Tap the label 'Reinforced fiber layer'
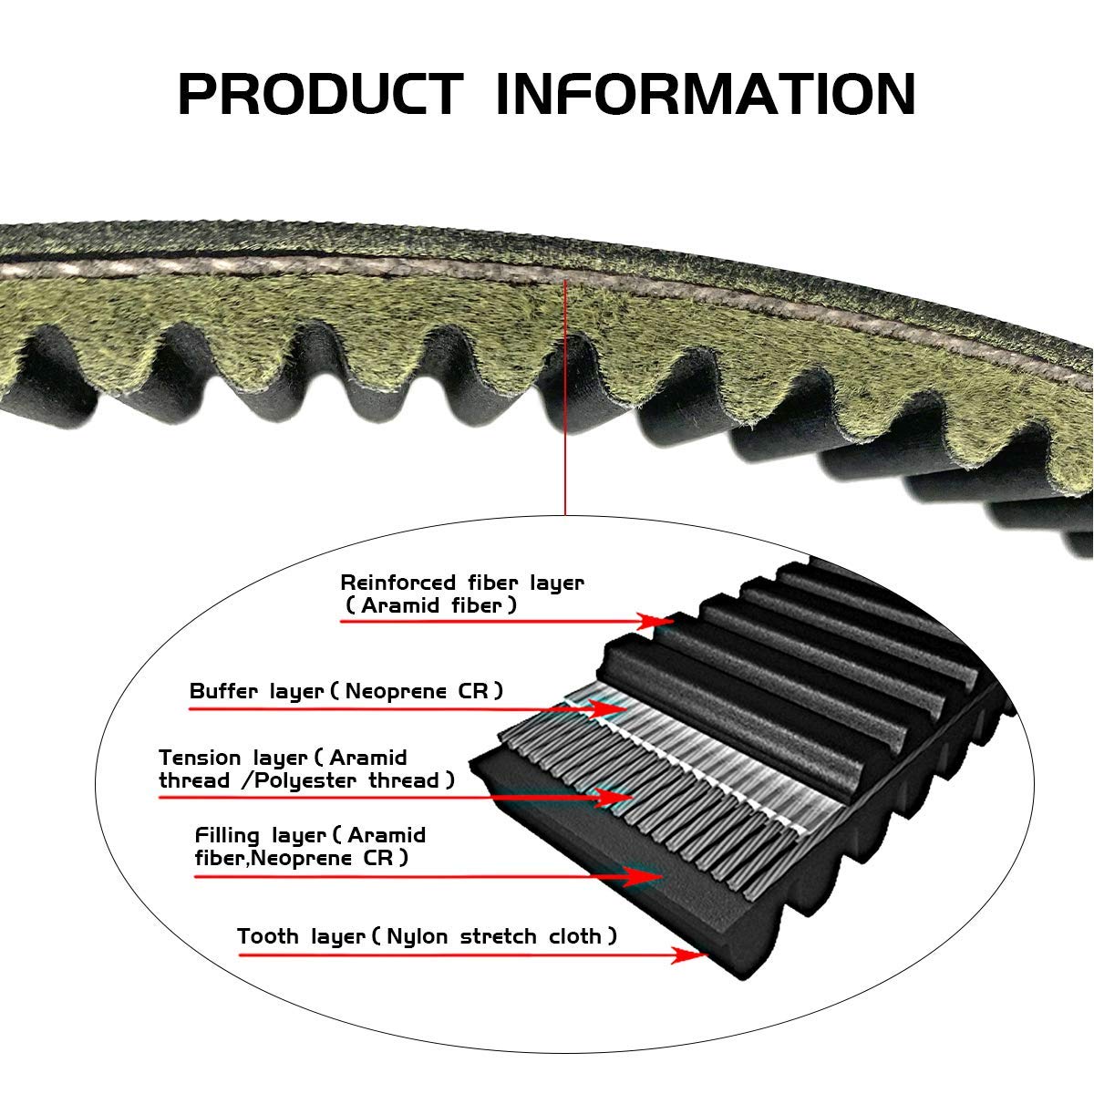(x=462, y=583)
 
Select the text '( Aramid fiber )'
(x=430, y=605)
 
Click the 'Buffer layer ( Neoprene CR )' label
(x=346, y=691)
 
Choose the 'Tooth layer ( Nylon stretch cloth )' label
(x=427, y=936)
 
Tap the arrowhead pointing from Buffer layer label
(x=606, y=708)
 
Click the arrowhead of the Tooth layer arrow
(x=690, y=955)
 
